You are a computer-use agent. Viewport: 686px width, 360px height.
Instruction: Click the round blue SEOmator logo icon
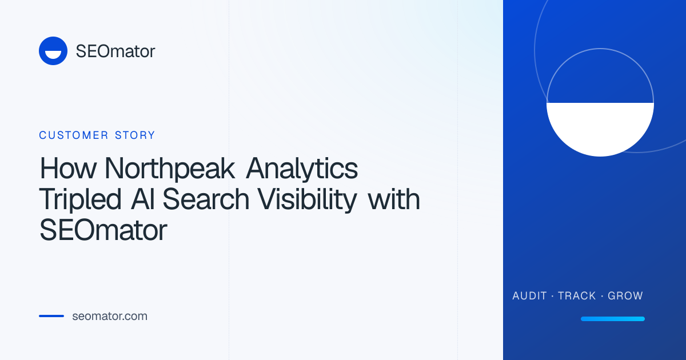pos(53,51)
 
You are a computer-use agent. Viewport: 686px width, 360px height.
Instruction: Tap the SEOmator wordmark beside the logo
pos(115,51)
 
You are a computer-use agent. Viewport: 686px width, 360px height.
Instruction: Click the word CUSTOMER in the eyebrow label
pos(74,135)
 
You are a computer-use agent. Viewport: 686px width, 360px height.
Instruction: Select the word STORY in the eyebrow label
pos(135,135)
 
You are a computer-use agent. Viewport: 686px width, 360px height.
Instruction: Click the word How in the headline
pos(68,168)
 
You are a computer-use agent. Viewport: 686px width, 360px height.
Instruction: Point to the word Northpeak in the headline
pos(170,169)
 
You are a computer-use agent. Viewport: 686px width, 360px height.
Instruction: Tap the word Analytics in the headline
pos(302,169)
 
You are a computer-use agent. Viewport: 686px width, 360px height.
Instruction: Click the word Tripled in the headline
pos(80,199)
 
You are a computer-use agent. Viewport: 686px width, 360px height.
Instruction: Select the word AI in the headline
pos(142,199)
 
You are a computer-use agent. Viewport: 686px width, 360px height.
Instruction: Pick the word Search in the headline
pos(206,199)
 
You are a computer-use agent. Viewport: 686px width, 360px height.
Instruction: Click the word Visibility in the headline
pos(307,199)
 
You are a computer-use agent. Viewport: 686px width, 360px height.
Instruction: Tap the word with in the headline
pos(393,199)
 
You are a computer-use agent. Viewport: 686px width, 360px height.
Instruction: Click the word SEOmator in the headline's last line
pos(103,230)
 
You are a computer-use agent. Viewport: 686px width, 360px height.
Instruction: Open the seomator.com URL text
pos(110,316)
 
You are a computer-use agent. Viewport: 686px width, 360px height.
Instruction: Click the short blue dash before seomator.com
pos(51,316)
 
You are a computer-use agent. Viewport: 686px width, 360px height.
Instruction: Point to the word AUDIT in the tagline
pos(529,296)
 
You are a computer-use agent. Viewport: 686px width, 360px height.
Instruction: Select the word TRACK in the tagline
pos(577,296)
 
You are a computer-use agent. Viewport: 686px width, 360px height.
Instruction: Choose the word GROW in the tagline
pos(625,296)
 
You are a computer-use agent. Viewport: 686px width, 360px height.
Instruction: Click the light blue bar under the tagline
pos(613,319)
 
